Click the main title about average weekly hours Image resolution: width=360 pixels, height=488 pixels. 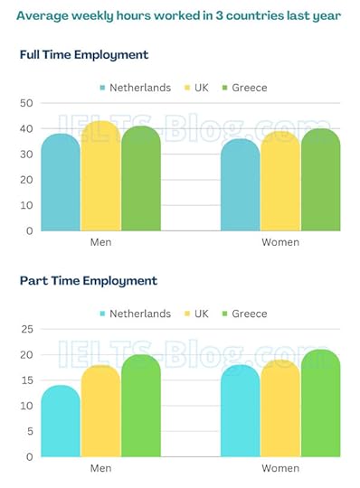point(178,15)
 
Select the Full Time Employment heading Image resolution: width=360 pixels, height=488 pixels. point(84,55)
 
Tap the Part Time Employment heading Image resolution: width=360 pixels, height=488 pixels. point(89,281)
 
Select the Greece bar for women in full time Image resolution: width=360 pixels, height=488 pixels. point(320,180)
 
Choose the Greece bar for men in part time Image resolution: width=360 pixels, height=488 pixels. point(140,406)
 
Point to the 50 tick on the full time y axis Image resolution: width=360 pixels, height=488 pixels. point(26,103)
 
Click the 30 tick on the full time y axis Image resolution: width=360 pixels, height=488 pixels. point(26,154)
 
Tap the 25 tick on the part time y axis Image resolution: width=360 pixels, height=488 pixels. point(26,329)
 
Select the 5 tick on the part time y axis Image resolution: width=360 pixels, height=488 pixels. point(29,431)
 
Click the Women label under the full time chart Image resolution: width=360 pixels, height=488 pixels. point(280,243)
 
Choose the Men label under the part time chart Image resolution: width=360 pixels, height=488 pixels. point(100,469)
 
